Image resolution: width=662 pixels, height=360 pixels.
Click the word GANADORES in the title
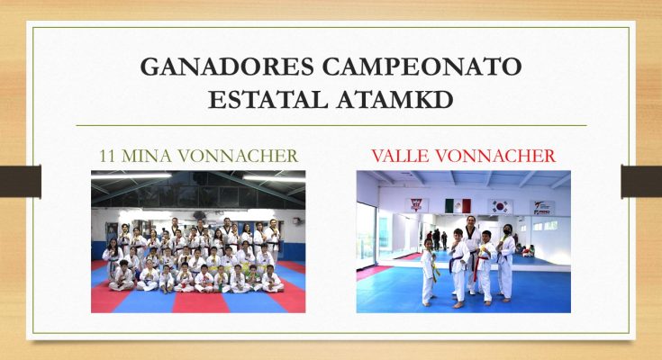click(227, 67)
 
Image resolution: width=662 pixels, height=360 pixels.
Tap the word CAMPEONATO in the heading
click(422, 67)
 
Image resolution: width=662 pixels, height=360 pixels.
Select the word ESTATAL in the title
click(268, 100)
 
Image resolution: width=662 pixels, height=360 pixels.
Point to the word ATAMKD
click(395, 100)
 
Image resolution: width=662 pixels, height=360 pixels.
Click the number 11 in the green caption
click(106, 157)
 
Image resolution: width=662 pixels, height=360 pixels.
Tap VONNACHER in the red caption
click(495, 157)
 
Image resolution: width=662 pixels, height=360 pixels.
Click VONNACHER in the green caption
click(238, 157)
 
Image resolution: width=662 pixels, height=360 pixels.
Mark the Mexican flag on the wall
click(458, 206)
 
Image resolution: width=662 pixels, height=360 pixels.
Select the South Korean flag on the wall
click(500, 206)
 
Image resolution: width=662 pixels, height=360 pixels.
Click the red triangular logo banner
click(417, 205)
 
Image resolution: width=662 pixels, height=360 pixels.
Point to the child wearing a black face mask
click(506, 263)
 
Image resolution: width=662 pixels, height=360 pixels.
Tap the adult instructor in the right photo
click(472, 255)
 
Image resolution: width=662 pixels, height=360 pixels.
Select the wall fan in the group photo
click(298, 220)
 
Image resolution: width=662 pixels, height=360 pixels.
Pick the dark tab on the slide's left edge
click(20, 182)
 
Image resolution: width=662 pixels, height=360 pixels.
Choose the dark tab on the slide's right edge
click(641, 182)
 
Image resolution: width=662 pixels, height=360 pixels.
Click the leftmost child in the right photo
click(429, 272)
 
